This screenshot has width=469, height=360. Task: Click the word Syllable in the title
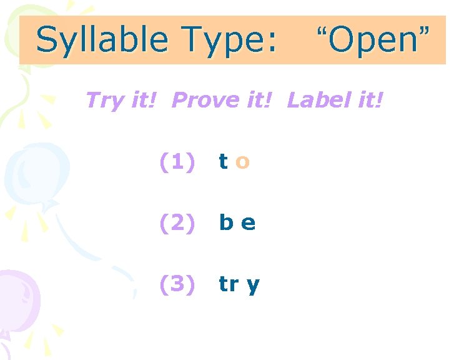(x=102, y=41)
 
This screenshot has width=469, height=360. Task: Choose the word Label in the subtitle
(x=317, y=99)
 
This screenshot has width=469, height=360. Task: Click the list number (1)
(x=178, y=162)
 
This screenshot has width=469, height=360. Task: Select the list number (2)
(x=178, y=223)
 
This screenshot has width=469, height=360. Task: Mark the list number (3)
(x=178, y=284)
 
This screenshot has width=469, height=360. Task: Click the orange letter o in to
(x=243, y=163)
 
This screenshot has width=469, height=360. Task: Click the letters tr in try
(x=228, y=284)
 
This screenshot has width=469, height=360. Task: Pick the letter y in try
(x=253, y=286)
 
